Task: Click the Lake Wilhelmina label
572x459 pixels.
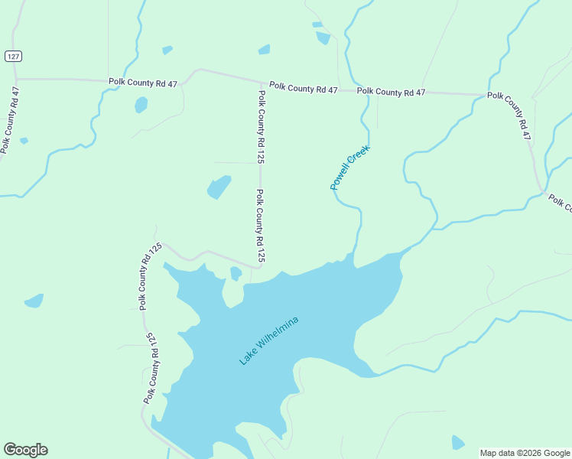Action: [268, 340]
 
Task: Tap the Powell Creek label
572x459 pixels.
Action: [349, 168]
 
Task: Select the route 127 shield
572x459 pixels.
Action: [13, 56]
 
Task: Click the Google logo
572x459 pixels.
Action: [25, 450]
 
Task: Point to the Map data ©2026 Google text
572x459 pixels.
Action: [525, 453]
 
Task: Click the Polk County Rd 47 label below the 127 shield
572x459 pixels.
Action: [11, 120]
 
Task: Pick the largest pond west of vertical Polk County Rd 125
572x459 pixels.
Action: [219, 187]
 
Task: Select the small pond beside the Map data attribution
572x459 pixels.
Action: [457, 442]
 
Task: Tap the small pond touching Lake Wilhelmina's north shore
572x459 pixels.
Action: [236, 273]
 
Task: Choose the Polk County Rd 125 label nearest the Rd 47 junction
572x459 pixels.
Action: [261, 128]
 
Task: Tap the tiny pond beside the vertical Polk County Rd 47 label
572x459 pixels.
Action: [24, 141]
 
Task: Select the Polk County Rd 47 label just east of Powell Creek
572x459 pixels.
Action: [391, 92]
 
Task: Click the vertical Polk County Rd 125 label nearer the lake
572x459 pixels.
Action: [260, 226]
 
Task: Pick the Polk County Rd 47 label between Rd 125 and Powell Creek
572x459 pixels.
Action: [303, 89]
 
